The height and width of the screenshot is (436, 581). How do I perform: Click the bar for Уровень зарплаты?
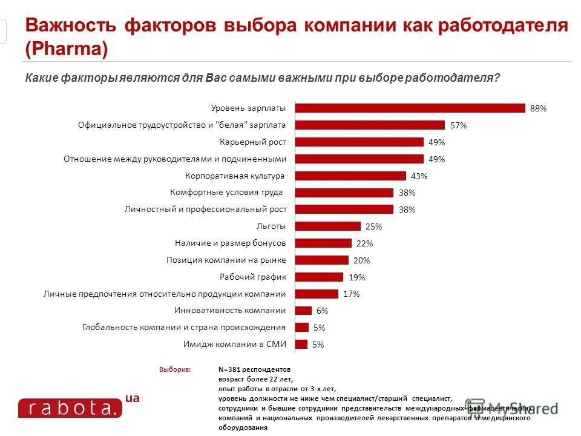point(410,108)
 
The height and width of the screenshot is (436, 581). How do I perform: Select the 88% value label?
point(538,108)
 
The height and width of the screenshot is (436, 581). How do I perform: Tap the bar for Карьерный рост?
point(359,142)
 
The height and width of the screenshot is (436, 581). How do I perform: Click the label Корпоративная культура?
point(235,176)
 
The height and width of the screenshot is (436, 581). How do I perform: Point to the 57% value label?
point(458,125)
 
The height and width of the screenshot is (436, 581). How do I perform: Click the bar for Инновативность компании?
point(303,310)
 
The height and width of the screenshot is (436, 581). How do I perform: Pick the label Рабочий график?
point(252,277)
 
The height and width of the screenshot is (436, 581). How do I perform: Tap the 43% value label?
point(419,176)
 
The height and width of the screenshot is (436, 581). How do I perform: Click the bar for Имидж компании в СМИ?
point(301,344)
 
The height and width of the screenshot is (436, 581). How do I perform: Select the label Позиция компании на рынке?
point(226,260)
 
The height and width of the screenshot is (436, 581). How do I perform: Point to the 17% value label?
point(351,294)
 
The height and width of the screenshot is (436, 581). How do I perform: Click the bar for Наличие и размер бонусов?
point(323,243)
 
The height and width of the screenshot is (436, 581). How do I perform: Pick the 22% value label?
point(364,243)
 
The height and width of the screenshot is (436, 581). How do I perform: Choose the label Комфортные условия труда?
point(227,193)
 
